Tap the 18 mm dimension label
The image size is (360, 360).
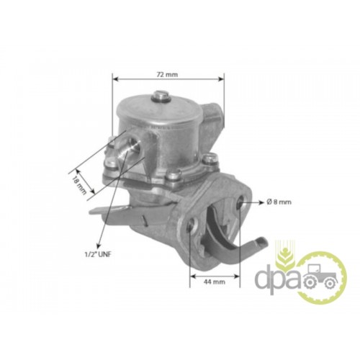[78, 183]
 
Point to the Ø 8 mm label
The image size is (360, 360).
[279, 202]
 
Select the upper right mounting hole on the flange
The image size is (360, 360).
[241, 202]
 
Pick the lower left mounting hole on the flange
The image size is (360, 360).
[192, 223]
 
